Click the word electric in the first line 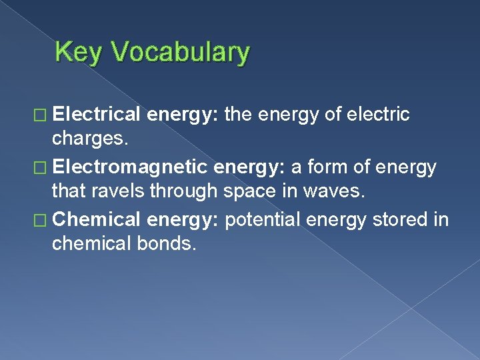click(379, 115)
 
